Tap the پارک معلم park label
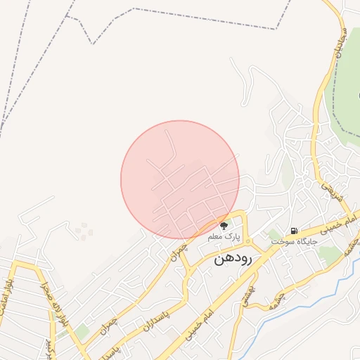(x=224, y=238)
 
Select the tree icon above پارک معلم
(x=224, y=226)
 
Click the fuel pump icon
(x=293, y=231)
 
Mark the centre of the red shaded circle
(x=180, y=180)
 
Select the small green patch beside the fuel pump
(x=275, y=235)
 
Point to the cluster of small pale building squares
(x=84, y=231)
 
